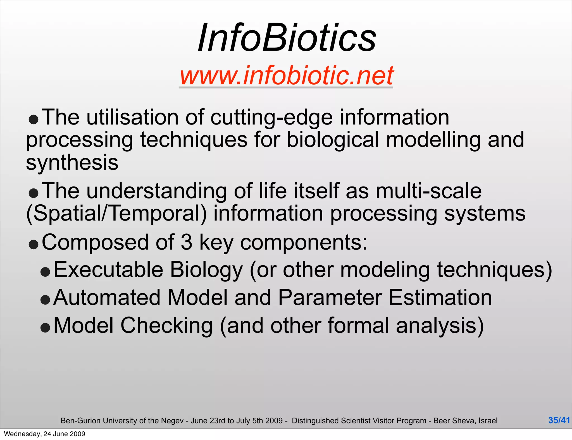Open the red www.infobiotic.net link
(x=286, y=75)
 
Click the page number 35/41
(x=559, y=420)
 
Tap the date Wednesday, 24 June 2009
(x=45, y=434)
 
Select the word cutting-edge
(x=271, y=118)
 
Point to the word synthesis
(x=72, y=163)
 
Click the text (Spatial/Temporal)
(x=116, y=214)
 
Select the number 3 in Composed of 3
(x=187, y=242)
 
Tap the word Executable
(x=108, y=270)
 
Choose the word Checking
(x=166, y=326)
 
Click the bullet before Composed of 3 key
(x=34, y=245)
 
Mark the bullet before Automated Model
(x=45, y=300)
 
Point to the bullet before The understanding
(x=34, y=193)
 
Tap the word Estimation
(x=440, y=298)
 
